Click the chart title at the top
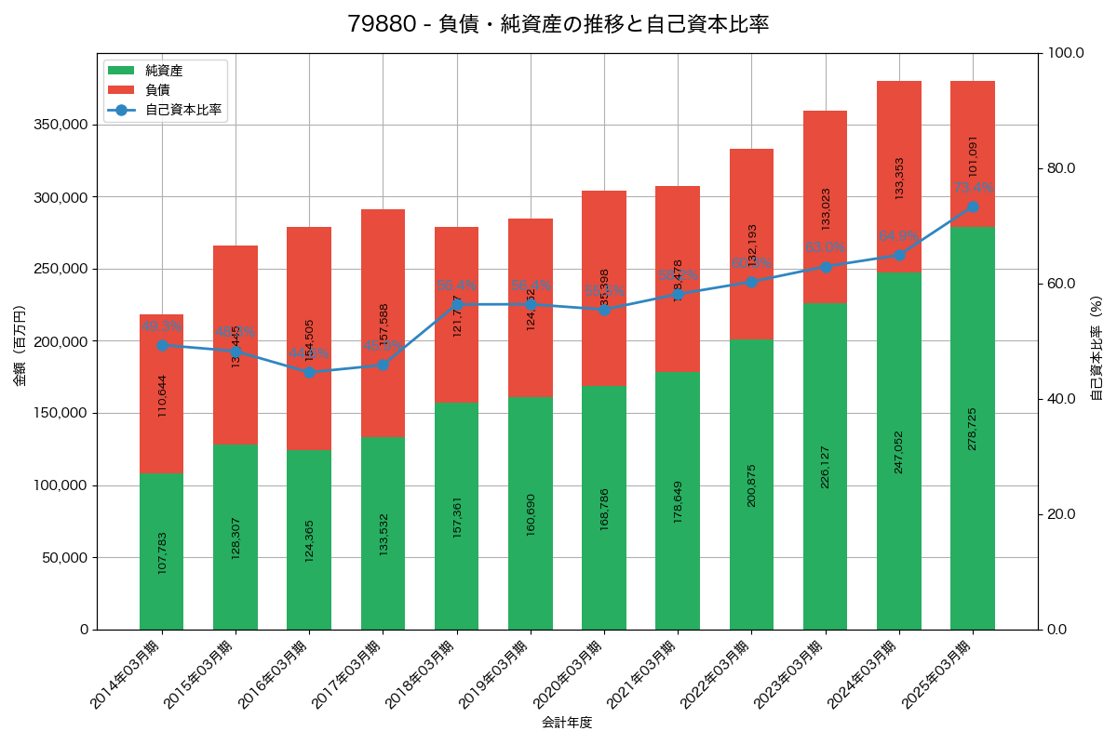pyautogui.click(x=558, y=24)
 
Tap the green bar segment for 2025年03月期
pyautogui.click(x=973, y=428)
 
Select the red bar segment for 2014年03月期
pyautogui.click(x=162, y=394)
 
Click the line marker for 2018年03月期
pyautogui.click(x=457, y=304)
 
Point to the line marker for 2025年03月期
pyautogui.click(x=973, y=206)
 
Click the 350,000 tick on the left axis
pyautogui.click(x=59, y=125)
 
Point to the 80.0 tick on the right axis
pyautogui.click(x=1061, y=168)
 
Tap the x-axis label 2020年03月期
pyautogui.click(x=568, y=676)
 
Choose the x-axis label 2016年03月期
pyautogui.click(x=273, y=676)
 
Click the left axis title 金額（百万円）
pyautogui.click(x=20, y=346)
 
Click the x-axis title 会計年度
pyautogui.click(x=567, y=722)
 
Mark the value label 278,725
pyautogui.click(x=973, y=428)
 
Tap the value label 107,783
pyautogui.click(x=162, y=552)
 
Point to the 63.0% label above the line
pyautogui.click(x=825, y=247)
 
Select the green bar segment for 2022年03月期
pyautogui.click(x=751, y=485)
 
